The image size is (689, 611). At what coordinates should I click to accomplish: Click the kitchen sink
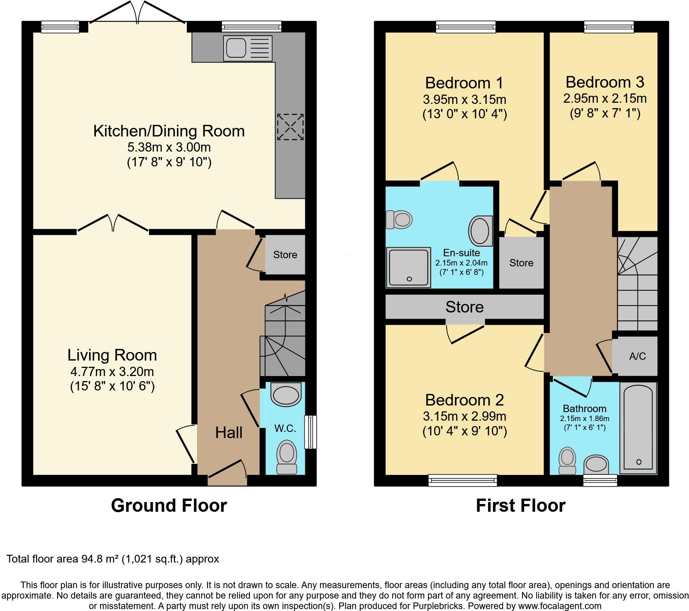248,48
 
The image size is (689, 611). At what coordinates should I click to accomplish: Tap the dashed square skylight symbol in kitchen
290,127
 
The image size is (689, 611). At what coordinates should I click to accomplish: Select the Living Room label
112,355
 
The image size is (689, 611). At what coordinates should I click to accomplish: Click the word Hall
229,433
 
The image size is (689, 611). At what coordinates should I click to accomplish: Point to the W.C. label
285,428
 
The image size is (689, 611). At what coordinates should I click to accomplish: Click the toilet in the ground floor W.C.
287,457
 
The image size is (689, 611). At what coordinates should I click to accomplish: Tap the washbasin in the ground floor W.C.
286,395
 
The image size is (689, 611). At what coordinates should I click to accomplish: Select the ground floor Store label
285,255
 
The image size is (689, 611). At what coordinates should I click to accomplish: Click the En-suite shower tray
408,267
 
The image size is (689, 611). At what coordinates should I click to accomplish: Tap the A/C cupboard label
637,356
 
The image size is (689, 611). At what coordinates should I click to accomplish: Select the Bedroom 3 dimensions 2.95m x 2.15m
605,98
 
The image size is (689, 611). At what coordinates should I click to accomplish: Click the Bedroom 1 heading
464,83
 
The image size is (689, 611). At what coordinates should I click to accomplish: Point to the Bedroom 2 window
462,480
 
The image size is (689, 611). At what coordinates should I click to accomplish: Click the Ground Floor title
169,506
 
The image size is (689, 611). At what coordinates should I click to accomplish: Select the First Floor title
521,506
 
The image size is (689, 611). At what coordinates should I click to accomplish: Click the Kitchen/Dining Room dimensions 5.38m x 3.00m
169,147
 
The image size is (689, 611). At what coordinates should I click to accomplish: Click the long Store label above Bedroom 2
464,307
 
